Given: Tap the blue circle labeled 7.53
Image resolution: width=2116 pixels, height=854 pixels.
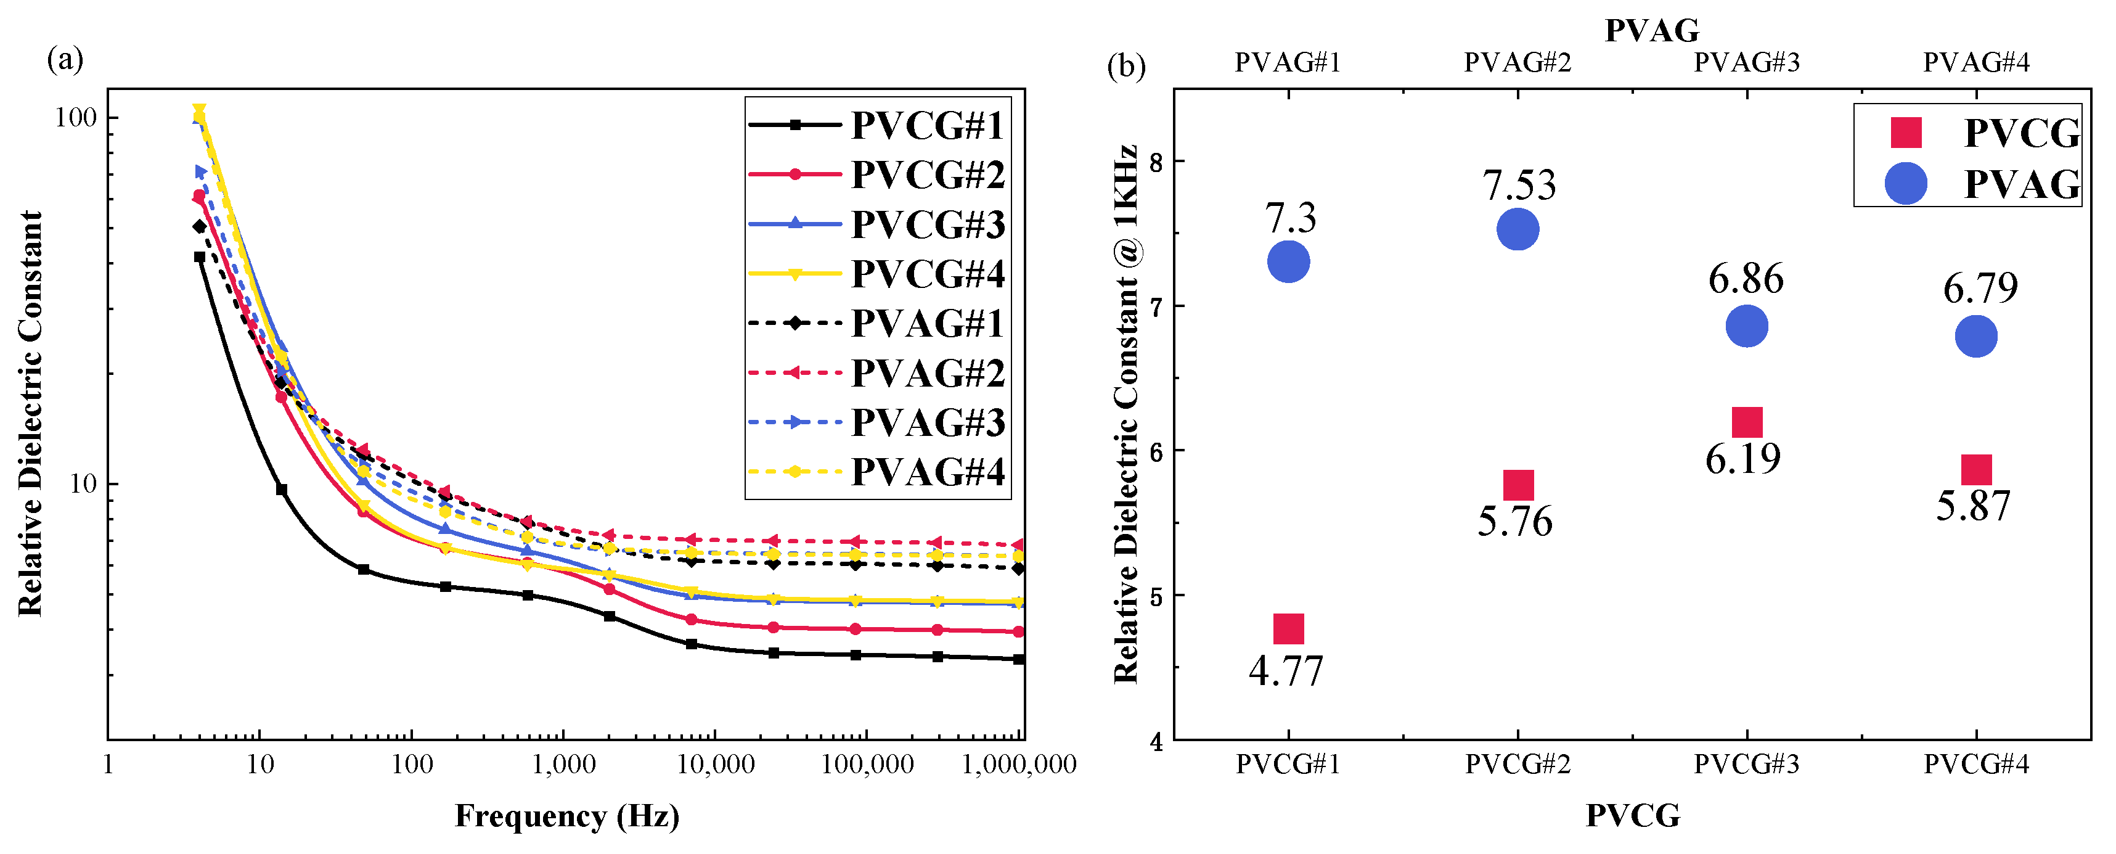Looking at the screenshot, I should point(1517,229).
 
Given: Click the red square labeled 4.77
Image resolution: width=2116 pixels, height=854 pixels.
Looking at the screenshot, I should point(1288,629).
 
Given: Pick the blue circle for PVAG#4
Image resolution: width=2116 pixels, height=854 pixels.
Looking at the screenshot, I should point(1975,336).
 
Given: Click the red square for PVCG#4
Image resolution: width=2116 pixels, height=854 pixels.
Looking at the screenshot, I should point(1975,470).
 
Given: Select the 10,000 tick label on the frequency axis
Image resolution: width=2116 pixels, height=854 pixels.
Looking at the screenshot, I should point(716,765).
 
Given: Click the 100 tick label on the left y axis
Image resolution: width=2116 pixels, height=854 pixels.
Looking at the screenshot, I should point(76,118).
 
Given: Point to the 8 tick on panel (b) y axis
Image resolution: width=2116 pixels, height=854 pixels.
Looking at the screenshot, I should point(1156,162).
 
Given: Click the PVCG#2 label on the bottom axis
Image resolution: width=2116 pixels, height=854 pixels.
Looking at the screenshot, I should point(1517,765).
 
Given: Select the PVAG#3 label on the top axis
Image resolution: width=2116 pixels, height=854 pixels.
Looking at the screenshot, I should point(1746,62).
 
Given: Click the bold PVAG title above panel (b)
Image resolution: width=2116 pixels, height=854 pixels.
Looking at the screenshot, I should point(1651,30).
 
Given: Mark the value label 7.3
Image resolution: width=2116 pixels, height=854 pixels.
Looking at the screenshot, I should point(1291,218).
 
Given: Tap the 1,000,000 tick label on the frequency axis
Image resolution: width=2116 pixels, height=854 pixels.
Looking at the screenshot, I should point(1019,765).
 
